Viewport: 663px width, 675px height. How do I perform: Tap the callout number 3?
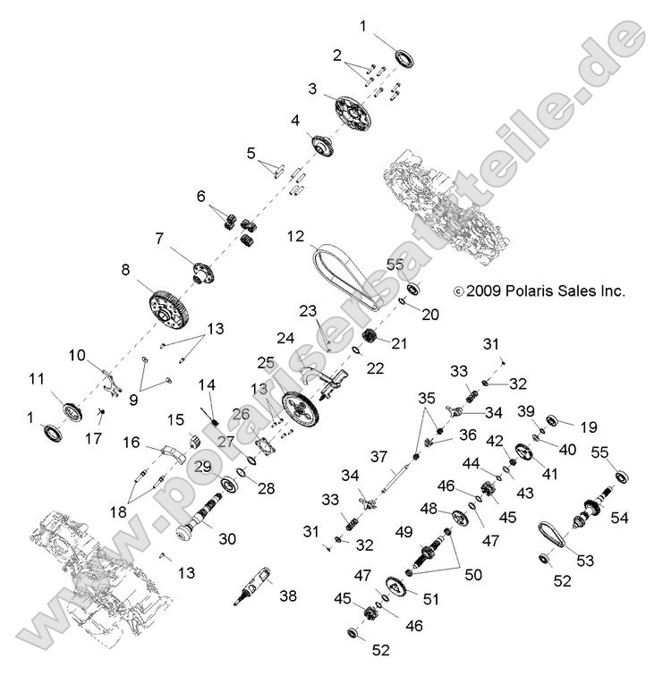click(x=312, y=89)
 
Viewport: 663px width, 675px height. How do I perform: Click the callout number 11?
click(x=36, y=379)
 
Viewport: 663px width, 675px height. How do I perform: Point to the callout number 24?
click(x=285, y=338)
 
